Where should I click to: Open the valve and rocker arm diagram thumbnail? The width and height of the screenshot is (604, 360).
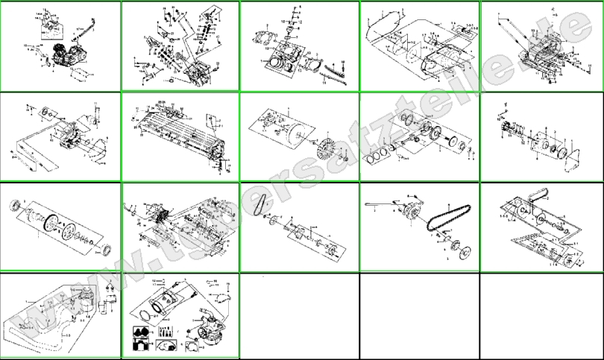(x=180, y=45)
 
